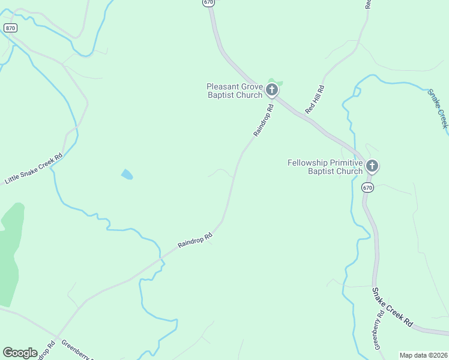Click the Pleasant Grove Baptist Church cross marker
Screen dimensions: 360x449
tap(272, 91)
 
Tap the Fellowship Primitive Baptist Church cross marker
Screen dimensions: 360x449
tap(372, 166)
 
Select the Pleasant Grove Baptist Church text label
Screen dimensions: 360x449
tap(235, 91)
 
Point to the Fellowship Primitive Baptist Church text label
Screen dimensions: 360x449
tap(325, 167)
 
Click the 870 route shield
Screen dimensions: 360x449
tap(10, 28)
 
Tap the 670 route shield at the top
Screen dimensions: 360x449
tap(208, 2)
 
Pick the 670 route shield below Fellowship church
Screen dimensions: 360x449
tap(368, 188)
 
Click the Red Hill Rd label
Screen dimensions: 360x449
tap(314, 100)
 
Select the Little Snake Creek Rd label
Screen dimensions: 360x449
tap(34, 169)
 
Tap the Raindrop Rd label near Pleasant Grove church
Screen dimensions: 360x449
tap(264, 121)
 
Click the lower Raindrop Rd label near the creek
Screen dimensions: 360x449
tap(195, 240)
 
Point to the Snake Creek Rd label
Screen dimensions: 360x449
tap(392, 307)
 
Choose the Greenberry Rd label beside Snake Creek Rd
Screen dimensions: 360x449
tap(378, 329)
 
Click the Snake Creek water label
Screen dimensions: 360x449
tap(438, 108)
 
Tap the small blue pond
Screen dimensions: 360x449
tap(127, 175)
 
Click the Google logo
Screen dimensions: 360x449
tap(20, 353)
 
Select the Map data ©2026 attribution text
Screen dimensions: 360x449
tap(423, 355)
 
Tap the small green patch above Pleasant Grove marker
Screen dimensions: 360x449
tap(275, 82)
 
